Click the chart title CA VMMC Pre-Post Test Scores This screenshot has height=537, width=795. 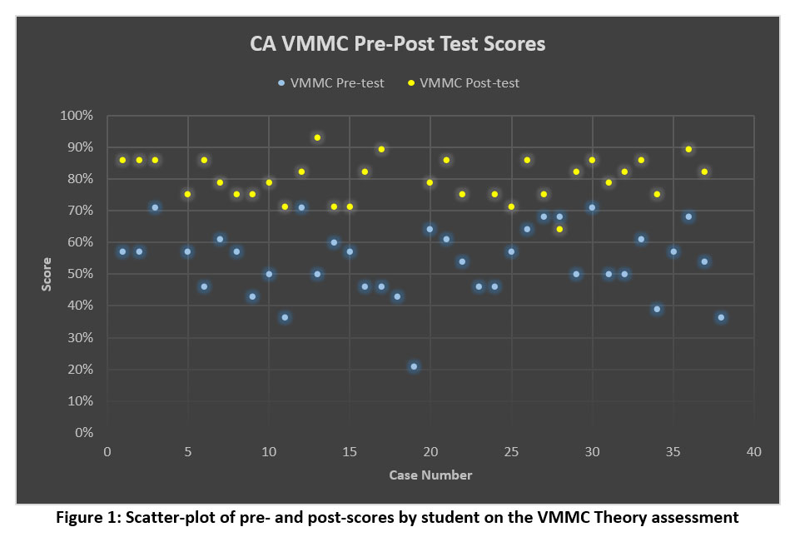[x=397, y=43]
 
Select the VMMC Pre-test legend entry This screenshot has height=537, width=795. [x=330, y=83]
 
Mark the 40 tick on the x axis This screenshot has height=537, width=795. [x=753, y=451]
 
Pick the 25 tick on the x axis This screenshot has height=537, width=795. [x=511, y=451]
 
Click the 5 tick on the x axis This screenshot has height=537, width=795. [x=188, y=451]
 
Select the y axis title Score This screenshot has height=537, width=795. [x=47, y=274]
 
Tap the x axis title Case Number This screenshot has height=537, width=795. [x=430, y=475]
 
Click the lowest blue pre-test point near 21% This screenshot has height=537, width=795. [x=414, y=366]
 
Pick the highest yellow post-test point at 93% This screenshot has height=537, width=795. [x=317, y=137]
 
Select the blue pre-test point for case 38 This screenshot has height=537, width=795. [x=721, y=317]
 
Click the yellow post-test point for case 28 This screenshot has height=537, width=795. [x=559, y=229]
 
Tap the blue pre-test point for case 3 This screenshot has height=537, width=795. [x=155, y=207]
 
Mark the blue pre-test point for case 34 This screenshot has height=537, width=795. [x=657, y=309]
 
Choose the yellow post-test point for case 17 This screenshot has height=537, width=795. [x=381, y=149]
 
